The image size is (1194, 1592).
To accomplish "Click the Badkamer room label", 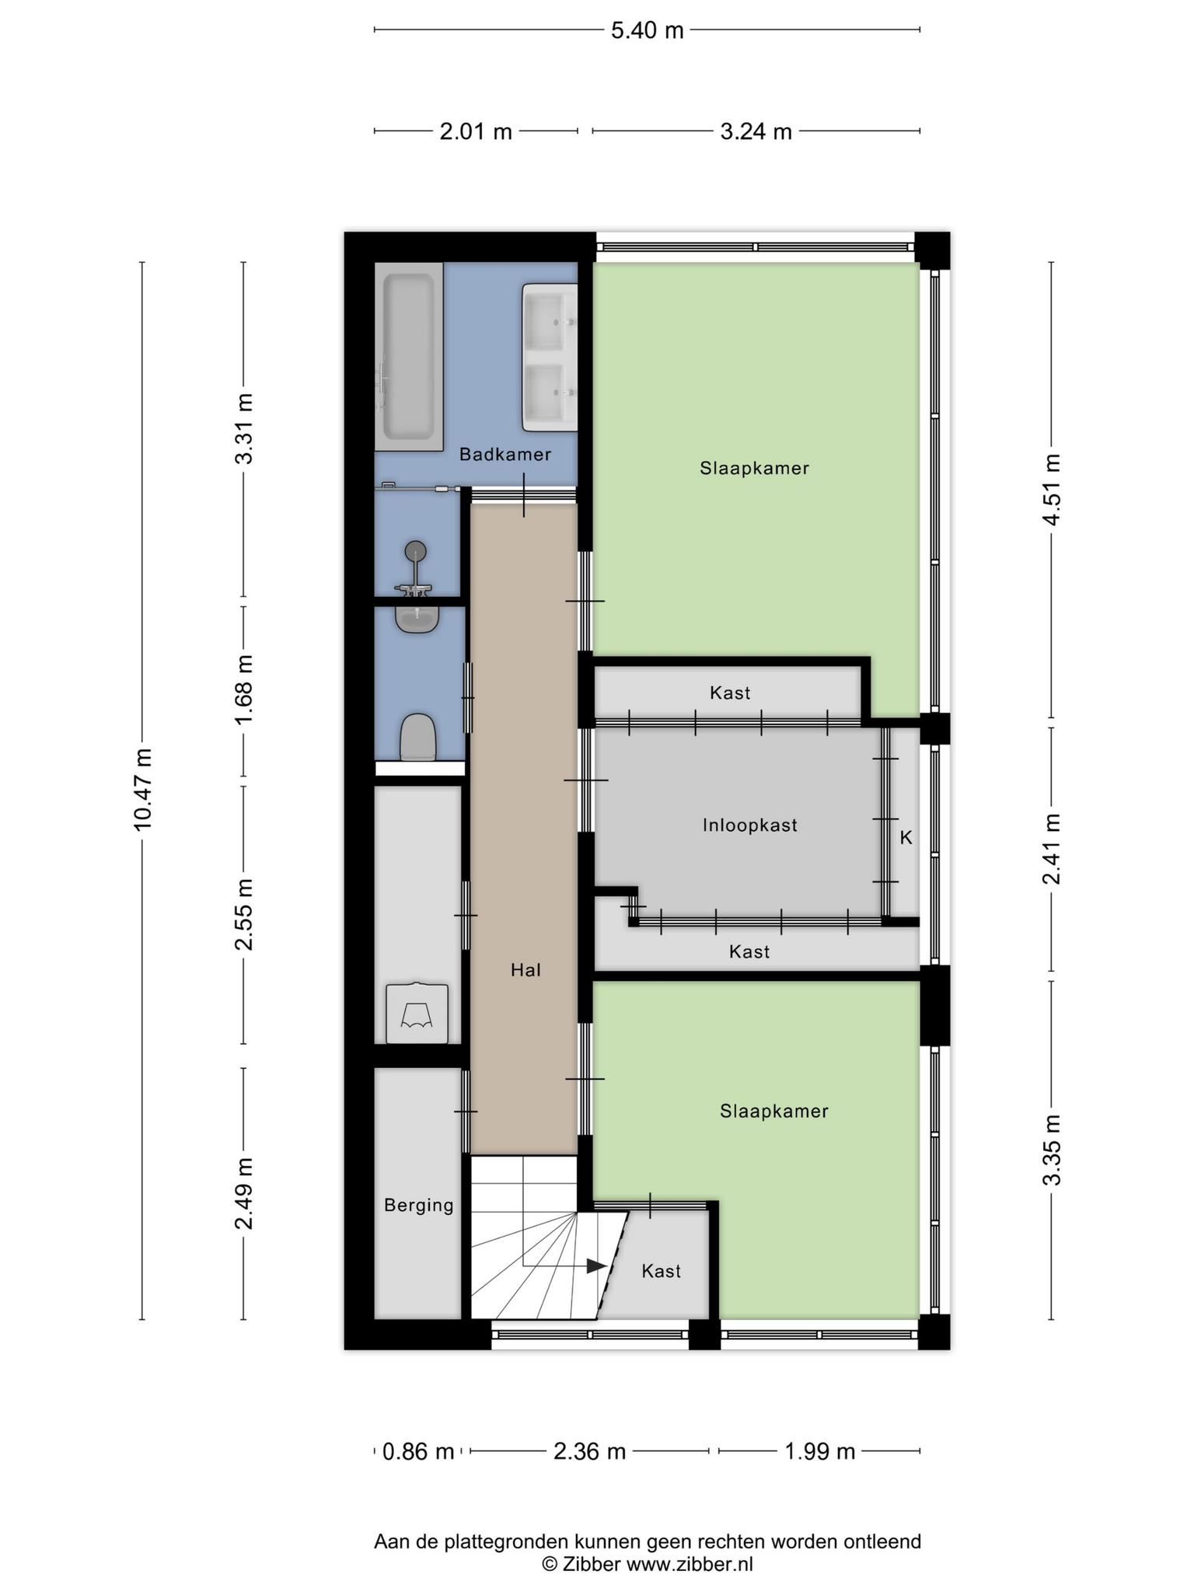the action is click(505, 454).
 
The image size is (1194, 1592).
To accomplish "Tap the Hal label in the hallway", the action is click(525, 969).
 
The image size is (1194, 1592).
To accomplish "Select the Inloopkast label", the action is click(750, 825).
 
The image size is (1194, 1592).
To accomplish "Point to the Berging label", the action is click(419, 1205).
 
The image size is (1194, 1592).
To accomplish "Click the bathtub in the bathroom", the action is click(409, 357).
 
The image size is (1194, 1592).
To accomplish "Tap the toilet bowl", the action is click(417, 737).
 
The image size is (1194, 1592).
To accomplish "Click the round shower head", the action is click(416, 551).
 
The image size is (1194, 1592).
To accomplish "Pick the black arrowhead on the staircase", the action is click(596, 1266).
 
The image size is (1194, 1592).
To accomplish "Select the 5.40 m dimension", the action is click(648, 30).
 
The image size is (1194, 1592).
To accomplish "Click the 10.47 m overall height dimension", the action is click(142, 790).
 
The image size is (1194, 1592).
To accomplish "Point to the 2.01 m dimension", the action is click(476, 131).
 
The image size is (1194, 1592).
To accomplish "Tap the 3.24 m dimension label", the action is click(756, 131).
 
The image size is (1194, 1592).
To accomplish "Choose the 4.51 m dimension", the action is click(1052, 490).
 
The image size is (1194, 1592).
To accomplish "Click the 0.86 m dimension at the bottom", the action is click(418, 1451).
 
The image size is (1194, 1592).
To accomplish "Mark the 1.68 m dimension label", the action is click(244, 690).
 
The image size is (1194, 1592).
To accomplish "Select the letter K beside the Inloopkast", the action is click(906, 837).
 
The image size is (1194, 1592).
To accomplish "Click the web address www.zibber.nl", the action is click(690, 1564).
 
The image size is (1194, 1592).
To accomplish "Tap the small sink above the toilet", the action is click(417, 618).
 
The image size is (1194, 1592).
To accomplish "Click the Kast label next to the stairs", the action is click(661, 1271).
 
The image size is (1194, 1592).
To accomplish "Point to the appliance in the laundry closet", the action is click(417, 1013).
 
